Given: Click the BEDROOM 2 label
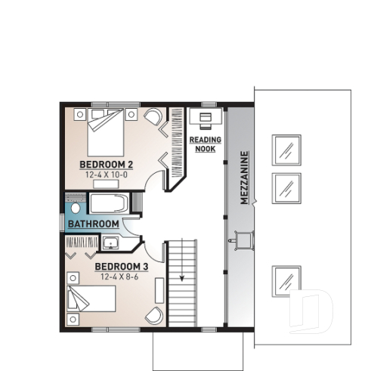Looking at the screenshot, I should pos(107,164).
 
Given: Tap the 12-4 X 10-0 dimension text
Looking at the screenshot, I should pos(107,175).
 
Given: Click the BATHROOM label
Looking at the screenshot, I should pos(93,224).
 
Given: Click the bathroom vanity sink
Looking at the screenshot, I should pos(111,243).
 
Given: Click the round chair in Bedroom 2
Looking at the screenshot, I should pos(153,118).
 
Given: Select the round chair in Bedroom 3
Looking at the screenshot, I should pos(153,316).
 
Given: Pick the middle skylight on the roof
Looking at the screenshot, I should pos(286,186).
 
